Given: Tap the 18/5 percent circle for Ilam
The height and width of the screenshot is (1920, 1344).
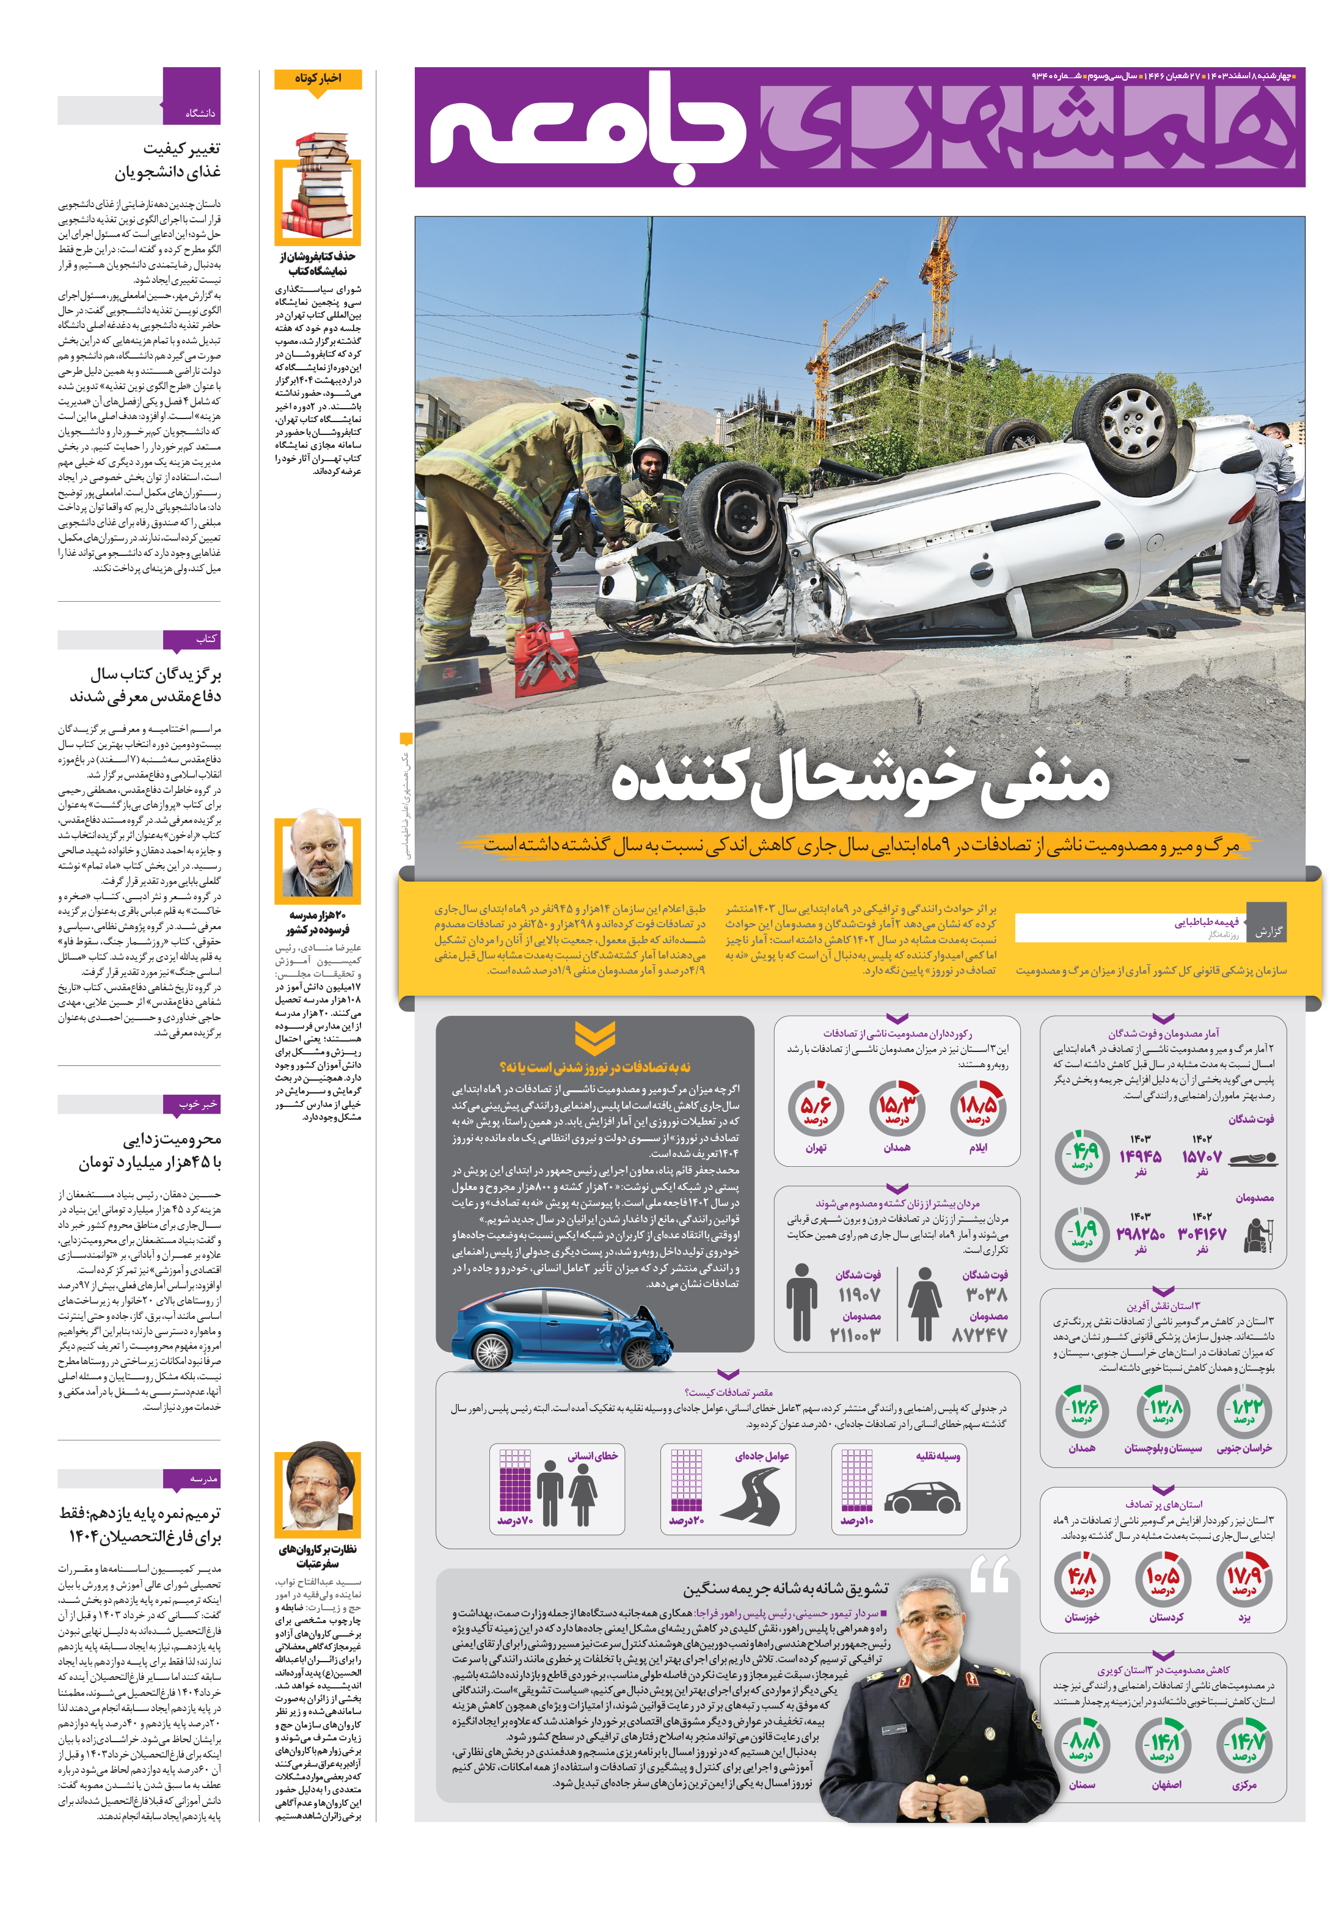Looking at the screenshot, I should click(x=977, y=1108).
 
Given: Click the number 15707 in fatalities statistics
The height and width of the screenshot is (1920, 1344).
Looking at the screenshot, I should click(x=1202, y=1156).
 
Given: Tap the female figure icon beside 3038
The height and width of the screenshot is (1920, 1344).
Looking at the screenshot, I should click(x=924, y=1303).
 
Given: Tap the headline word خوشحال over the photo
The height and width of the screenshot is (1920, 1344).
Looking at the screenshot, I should click(x=861, y=782).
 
